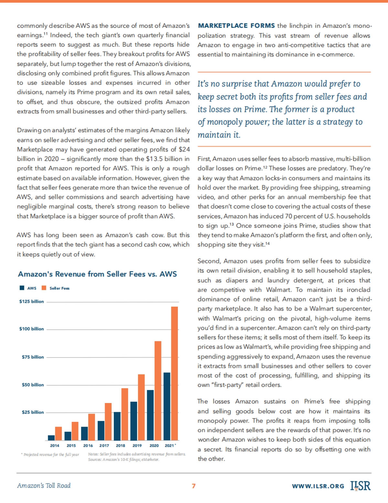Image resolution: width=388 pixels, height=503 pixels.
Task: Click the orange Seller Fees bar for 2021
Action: click(x=174, y=373)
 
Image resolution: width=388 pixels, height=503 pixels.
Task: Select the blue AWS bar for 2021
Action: click(x=167, y=406)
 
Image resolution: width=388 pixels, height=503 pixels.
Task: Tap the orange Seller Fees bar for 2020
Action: click(x=158, y=390)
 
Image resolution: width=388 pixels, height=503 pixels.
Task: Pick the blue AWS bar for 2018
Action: click(x=117, y=426)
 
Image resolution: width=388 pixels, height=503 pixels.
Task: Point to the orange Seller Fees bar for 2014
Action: click(x=59, y=433)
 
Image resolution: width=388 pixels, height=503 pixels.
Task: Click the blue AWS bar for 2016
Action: click(x=84, y=433)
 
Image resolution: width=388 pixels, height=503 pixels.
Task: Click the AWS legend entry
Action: click(x=28, y=288)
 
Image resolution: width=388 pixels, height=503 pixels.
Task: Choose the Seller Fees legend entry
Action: click(x=56, y=288)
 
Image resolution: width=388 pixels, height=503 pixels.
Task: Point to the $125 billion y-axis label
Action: click(x=31, y=301)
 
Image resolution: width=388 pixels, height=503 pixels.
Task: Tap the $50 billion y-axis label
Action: click(x=33, y=385)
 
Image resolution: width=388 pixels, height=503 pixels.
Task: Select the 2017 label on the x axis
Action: click(x=104, y=446)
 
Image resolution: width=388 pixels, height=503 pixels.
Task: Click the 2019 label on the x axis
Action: click(x=137, y=446)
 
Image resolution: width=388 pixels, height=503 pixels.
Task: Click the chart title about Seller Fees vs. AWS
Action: click(x=97, y=274)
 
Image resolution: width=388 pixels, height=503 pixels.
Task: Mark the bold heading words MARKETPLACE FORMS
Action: click(x=236, y=26)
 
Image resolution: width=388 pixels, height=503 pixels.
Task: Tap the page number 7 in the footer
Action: click(x=194, y=486)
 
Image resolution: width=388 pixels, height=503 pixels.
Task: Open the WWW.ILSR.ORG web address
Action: click(x=318, y=486)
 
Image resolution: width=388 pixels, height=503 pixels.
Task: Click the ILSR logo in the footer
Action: click(x=360, y=486)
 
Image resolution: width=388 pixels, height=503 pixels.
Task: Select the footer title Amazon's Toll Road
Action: click(x=44, y=486)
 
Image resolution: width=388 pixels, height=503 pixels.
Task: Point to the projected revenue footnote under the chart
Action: click(x=50, y=455)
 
